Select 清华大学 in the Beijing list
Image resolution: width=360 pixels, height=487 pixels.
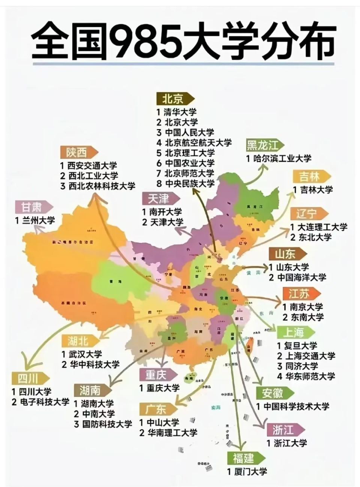coord(180,112)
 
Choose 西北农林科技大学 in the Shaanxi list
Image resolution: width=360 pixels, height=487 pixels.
coord(102,186)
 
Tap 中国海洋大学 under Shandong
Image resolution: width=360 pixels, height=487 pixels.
coord(302,278)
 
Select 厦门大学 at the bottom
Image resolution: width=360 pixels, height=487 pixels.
coord(250,472)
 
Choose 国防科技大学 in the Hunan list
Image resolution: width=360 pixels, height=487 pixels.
coord(107,424)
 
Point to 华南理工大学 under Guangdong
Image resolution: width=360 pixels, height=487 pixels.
coord(173,433)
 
